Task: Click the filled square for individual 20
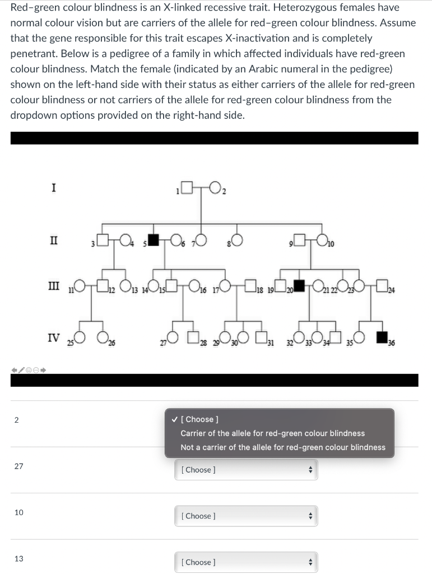(x=300, y=286)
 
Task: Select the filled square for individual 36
(x=382, y=337)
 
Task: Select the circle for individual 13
(x=125, y=286)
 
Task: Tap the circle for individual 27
(x=172, y=337)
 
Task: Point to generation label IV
(x=53, y=337)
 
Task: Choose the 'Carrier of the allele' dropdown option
(x=272, y=433)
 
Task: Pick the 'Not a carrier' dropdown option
(x=283, y=447)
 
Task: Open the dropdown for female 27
(x=246, y=470)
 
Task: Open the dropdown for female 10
(x=246, y=516)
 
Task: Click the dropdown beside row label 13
(x=246, y=562)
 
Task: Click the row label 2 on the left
(x=16, y=420)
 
